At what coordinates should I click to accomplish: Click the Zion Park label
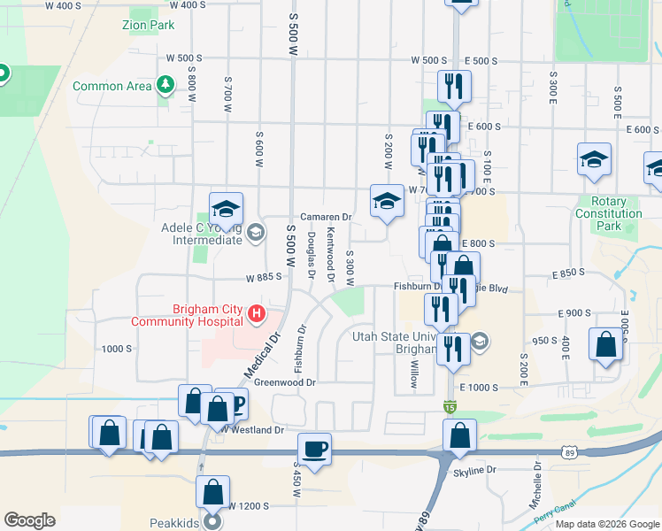(149, 26)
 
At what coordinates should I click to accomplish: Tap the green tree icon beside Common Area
(165, 85)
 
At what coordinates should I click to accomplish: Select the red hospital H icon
(257, 313)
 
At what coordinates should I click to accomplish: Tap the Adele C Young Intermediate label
(202, 233)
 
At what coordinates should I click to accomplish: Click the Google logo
(29, 520)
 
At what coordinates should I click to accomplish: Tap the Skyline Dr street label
(478, 470)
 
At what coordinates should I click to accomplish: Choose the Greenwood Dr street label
(285, 382)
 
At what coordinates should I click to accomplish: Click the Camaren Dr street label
(326, 217)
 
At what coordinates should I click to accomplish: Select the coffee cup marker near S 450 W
(314, 449)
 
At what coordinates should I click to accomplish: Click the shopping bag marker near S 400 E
(606, 345)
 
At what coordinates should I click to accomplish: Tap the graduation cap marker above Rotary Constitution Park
(594, 159)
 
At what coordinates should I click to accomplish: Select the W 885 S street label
(263, 276)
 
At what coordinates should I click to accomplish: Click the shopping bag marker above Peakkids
(212, 491)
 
